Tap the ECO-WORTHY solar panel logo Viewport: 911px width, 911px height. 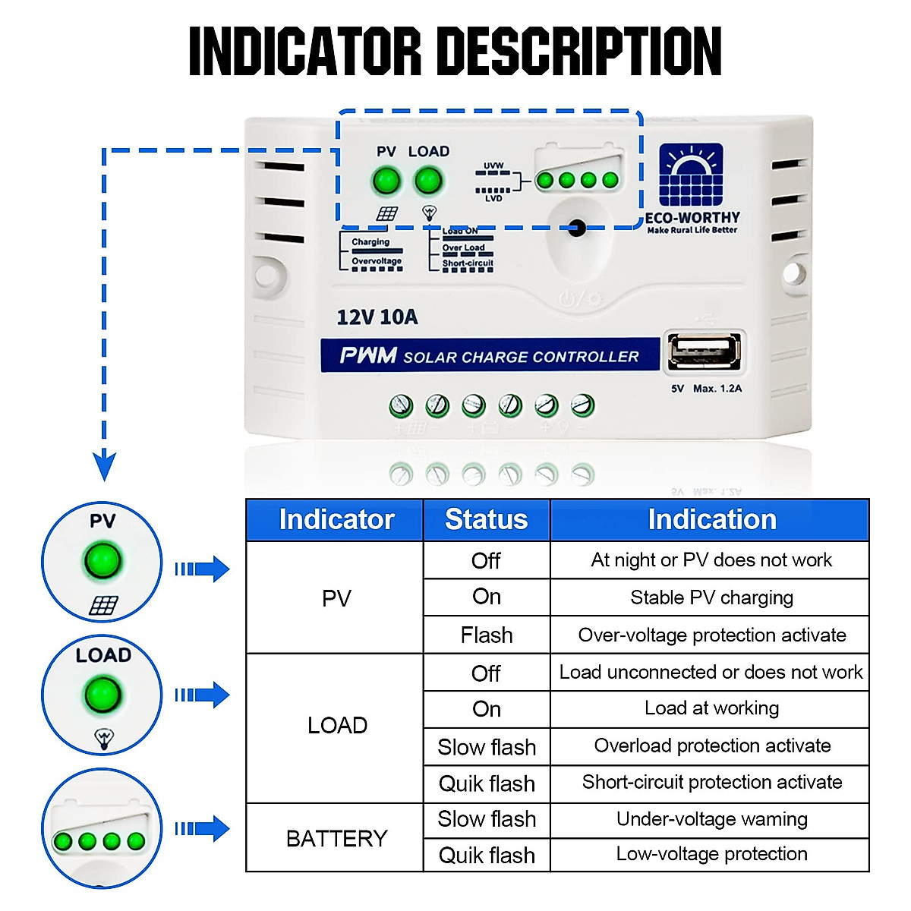pyautogui.click(x=691, y=175)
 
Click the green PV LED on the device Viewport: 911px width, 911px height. pyautogui.click(x=386, y=181)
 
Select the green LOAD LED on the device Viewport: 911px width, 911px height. pyautogui.click(x=428, y=181)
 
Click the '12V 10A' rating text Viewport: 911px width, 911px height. pyautogui.click(x=377, y=317)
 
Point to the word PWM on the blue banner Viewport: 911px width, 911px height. pyautogui.click(x=368, y=355)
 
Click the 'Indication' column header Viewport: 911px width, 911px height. pyautogui.click(x=711, y=519)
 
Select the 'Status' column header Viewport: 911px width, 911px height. pyautogui.click(x=486, y=519)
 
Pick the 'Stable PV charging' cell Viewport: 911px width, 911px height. pyautogui.click(x=711, y=597)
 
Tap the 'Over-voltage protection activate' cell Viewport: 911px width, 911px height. pyautogui.click(x=711, y=635)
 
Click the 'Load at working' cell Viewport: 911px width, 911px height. pyautogui.click(x=711, y=708)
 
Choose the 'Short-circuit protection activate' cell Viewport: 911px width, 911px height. pyautogui.click(x=711, y=783)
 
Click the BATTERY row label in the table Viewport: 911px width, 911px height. pyautogui.click(x=336, y=838)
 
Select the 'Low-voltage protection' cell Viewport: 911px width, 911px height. pyautogui.click(x=711, y=854)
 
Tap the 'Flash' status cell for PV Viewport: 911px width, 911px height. pyautogui.click(x=486, y=635)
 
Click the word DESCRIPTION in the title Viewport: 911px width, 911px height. pyautogui.click(x=582, y=52)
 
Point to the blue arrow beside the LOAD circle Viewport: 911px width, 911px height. pyautogui.click(x=203, y=695)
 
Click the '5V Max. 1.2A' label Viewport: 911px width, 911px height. pyautogui.click(x=706, y=389)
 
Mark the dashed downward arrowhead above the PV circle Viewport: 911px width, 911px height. pyautogui.click(x=104, y=465)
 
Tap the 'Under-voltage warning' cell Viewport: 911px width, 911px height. pyautogui.click(x=711, y=819)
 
